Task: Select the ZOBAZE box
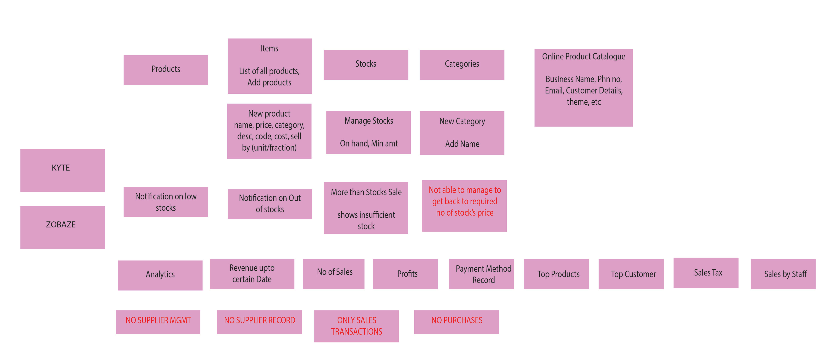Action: coord(62,227)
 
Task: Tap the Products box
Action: coord(166,70)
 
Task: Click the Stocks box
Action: coord(366,64)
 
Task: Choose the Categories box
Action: coord(462,64)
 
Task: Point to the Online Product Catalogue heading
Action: coord(583,57)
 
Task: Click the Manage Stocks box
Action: coord(368,132)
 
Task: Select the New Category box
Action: coord(462,133)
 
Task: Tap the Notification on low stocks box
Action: coord(166,202)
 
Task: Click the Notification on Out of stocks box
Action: coord(270,204)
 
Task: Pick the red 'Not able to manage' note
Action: coord(464,205)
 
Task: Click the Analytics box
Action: coord(160,275)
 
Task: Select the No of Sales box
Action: coord(334,274)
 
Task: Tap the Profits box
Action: coord(405,274)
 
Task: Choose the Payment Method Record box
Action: coord(481,274)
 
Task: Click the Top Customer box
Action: coord(631,274)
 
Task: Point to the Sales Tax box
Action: coord(706,272)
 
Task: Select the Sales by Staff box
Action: coord(783,274)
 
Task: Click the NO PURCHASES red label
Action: coord(456,322)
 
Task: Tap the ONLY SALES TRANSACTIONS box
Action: coord(356,326)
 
